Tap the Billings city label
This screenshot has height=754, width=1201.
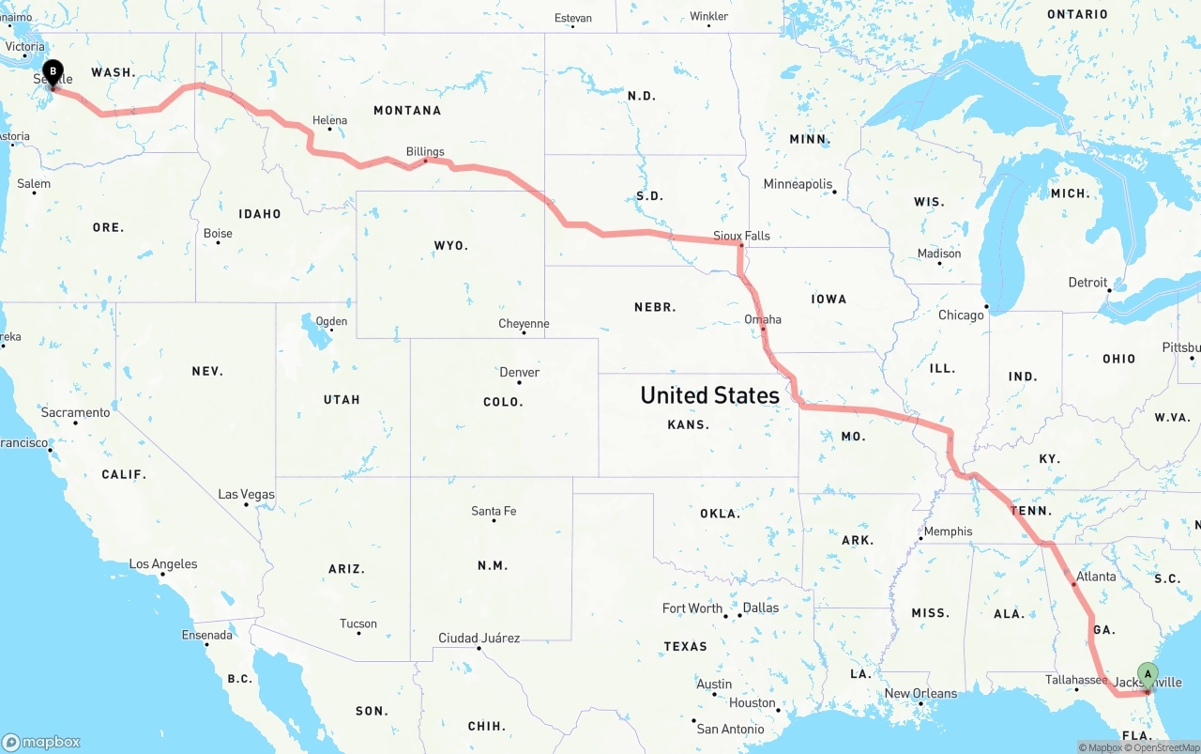pyautogui.click(x=425, y=151)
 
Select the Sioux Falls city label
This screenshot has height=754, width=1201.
pyautogui.click(x=741, y=236)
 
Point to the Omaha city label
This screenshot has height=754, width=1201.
pyautogui.click(x=763, y=319)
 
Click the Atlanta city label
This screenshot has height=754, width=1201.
pyautogui.click(x=1096, y=577)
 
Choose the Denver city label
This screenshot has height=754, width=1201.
pyautogui.click(x=519, y=372)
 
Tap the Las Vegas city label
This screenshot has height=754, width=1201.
pyautogui.click(x=246, y=494)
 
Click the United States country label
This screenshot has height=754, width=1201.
pyautogui.click(x=709, y=395)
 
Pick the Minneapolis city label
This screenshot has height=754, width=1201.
pyautogui.click(x=798, y=184)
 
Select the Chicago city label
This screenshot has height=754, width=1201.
pyautogui.click(x=961, y=315)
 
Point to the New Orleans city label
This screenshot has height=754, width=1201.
pyautogui.click(x=920, y=694)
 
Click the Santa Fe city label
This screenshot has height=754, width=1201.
pyautogui.click(x=494, y=511)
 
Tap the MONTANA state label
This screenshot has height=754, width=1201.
pyautogui.click(x=407, y=111)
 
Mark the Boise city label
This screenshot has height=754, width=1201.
pyautogui.click(x=218, y=234)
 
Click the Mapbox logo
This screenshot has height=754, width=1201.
pyautogui.click(x=41, y=742)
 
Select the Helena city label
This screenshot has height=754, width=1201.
pyautogui.click(x=329, y=120)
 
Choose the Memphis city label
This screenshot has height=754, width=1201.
pyautogui.click(x=948, y=531)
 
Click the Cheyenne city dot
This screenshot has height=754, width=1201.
pyautogui.click(x=523, y=333)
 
